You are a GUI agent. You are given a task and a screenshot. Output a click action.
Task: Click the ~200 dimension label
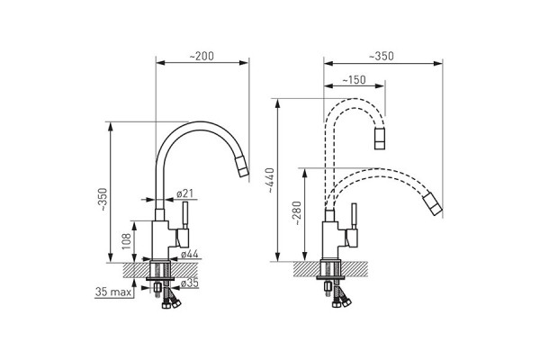click(202, 56)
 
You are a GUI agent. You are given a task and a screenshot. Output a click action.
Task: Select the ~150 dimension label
click(354, 80)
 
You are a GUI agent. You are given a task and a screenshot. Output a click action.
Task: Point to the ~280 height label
click(297, 213)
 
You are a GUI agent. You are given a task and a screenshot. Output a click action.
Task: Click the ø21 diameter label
click(184, 193)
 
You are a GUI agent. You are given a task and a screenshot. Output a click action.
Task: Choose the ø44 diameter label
click(190, 255)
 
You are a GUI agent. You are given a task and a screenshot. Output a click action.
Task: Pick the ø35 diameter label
click(190, 283)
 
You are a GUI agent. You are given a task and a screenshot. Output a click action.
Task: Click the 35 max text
click(113, 292)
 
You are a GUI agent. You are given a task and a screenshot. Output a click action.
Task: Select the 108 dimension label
click(126, 241)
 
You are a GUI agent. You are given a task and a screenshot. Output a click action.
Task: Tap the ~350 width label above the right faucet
click(382, 56)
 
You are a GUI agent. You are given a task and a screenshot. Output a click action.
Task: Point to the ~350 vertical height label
click(103, 201)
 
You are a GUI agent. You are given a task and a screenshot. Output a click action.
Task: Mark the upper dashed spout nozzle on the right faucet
click(380, 138)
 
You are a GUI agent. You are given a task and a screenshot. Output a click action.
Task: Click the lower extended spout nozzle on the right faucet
click(433, 203)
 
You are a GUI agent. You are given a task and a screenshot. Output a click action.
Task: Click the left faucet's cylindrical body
click(160, 239)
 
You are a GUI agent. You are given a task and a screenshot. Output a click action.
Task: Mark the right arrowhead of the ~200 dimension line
click(244, 63)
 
